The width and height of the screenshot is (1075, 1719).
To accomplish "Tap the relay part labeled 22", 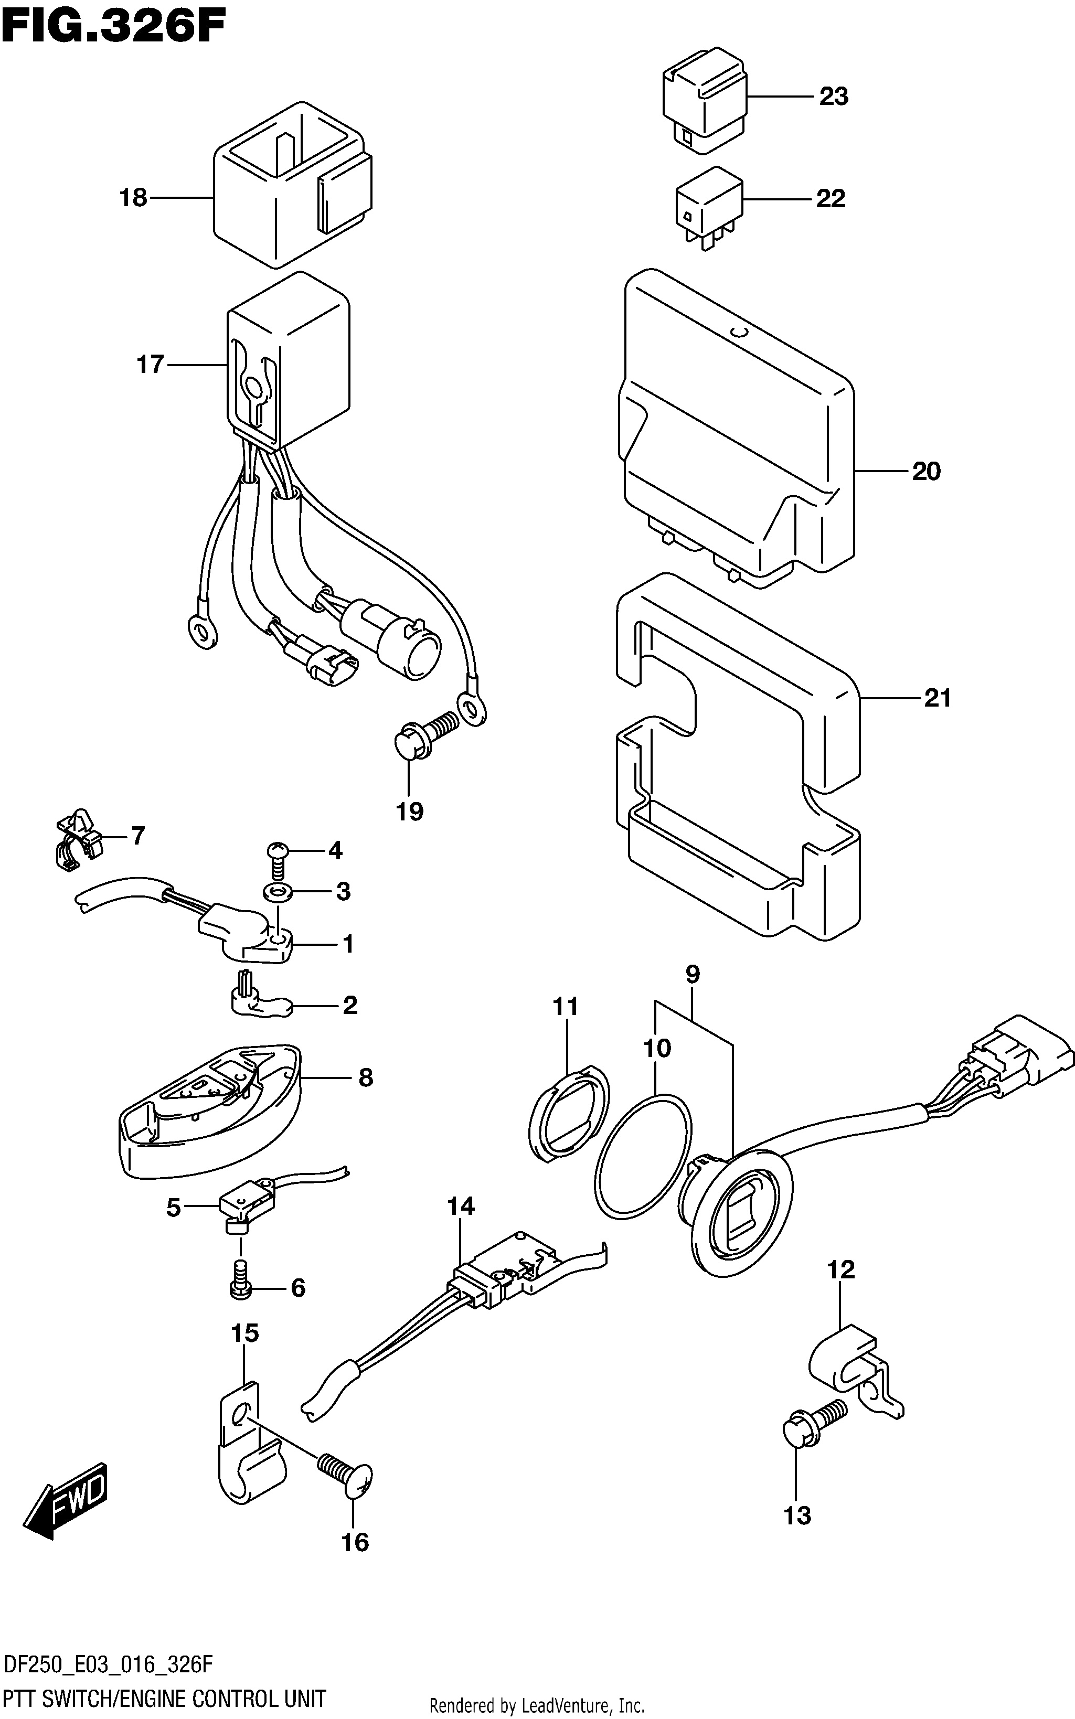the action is pyautogui.click(x=709, y=208).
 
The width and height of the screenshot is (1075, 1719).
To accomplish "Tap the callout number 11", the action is pyautogui.click(x=566, y=1006).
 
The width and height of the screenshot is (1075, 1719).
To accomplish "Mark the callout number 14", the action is pyautogui.click(x=461, y=1206).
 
